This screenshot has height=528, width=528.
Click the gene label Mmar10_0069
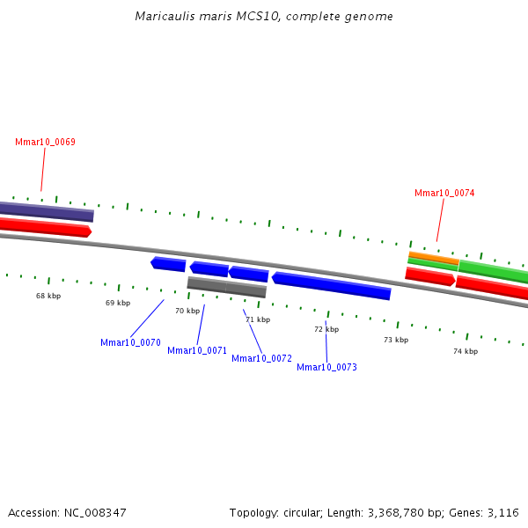(x=45, y=143)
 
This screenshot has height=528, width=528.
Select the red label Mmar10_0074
(x=444, y=194)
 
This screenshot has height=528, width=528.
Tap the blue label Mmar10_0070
(x=130, y=343)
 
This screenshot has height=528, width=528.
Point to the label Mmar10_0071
(x=197, y=351)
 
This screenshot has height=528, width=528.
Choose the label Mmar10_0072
(x=261, y=359)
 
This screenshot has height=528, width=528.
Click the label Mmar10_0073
(x=326, y=368)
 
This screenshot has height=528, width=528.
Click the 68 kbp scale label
(x=48, y=297)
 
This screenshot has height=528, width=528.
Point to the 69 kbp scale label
(x=118, y=304)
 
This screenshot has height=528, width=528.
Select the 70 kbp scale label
(x=187, y=312)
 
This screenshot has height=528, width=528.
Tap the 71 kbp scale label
(x=258, y=320)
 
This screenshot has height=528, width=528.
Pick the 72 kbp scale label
(x=326, y=330)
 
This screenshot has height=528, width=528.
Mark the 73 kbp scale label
(x=396, y=341)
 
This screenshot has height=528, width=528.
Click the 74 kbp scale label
(x=466, y=352)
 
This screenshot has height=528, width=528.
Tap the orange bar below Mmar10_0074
(x=433, y=257)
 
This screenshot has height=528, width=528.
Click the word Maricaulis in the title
(x=164, y=17)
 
